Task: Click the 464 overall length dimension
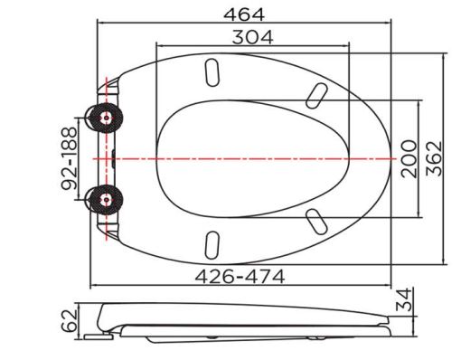point(243,14)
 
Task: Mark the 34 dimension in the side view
point(406,297)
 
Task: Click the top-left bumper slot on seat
point(213,71)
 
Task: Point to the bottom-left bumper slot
point(213,243)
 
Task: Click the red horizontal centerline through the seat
point(271,158)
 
